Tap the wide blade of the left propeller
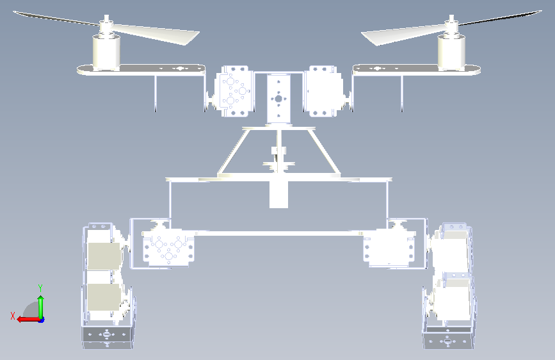pyautogui.click(x=156, y=34)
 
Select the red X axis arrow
pyautogui.click(x=28, y=320)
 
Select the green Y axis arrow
pyautogui.click(x=41, y=307)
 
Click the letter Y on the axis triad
pyautogui.click(x=40, y=288)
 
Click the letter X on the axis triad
pyautogui.click(x=13, y=316)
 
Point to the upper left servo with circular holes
pyautogui.click(x=234, y=91)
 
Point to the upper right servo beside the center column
pyautogui.click(x=324, y=91)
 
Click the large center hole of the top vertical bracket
pyautogui.click(x=278, y=99)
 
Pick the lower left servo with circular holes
pyautogui.click(x=168, y=248)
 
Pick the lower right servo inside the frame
pyautogui.click(x=389, y=247)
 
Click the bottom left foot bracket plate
pyautogui.click(x=108, y=337)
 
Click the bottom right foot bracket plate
pyautogui.click(x=448, y=338)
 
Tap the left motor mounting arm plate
pyautogui.click(x=141, y=69)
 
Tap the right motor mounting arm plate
pyautogui.click(x=416, y=69)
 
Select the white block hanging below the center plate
pyautogui.click(x=278, y=195)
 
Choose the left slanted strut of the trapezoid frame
pyautogui.click(x=232, y=152)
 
